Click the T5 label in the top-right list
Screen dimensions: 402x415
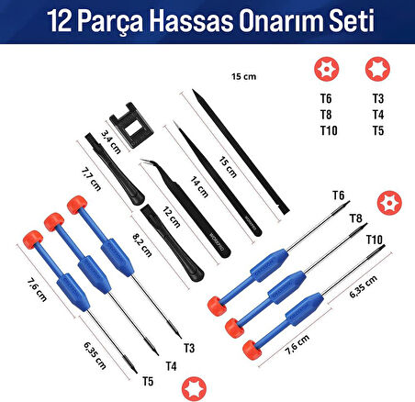coord(377,130)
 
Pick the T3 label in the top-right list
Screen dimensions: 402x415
coord(377,97)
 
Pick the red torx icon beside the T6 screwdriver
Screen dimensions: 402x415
coord(388,200)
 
